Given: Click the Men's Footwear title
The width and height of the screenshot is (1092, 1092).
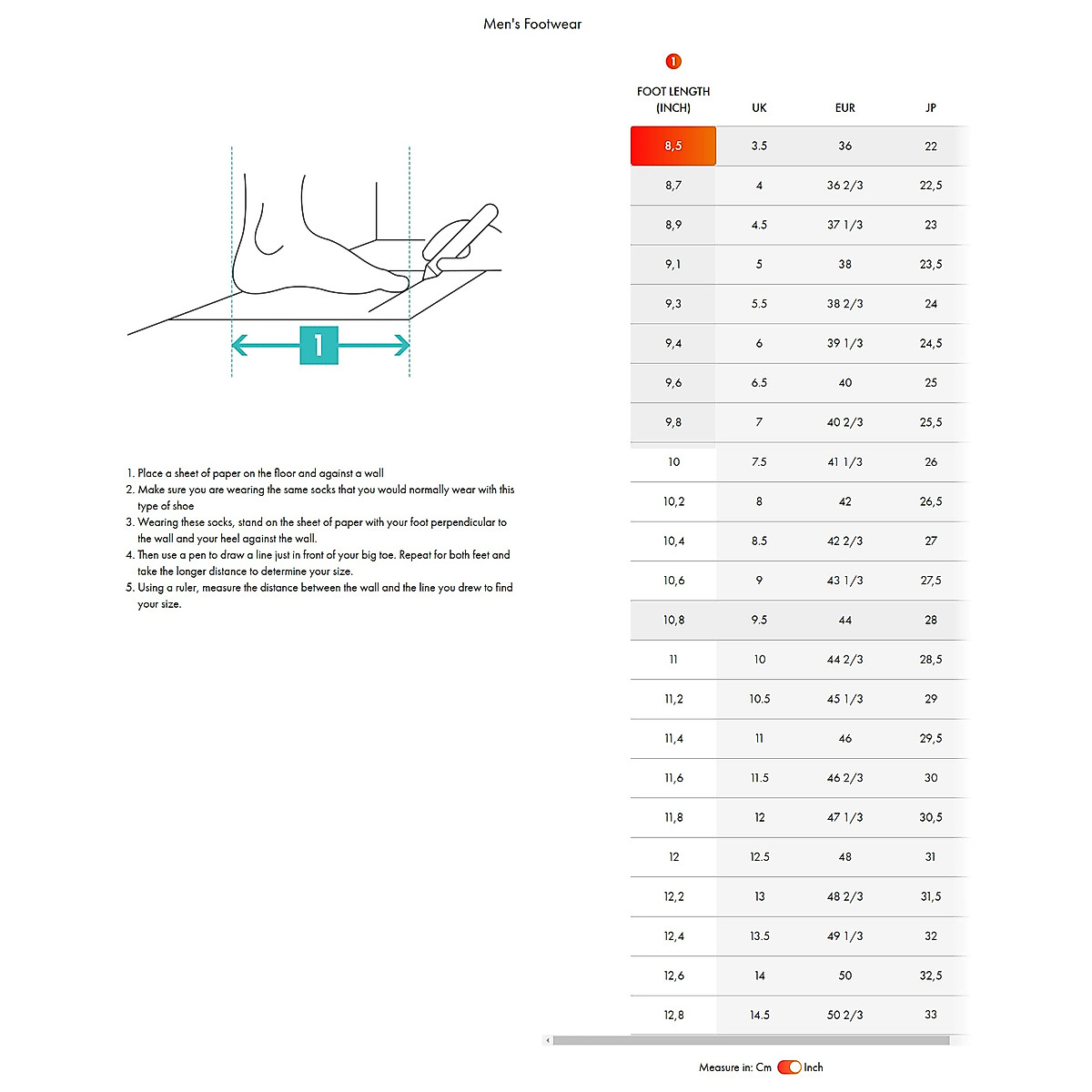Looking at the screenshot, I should (532, 25).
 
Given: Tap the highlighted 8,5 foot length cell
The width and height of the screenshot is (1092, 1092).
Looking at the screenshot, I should (673, 146).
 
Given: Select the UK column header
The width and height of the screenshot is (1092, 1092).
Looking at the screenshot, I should (759, 107).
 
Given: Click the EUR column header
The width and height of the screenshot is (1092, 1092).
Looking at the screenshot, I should (844, 107).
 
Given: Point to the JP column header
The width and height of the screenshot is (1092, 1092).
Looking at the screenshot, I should (930, 107).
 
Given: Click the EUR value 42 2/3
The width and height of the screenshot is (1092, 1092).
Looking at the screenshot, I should (844, 541).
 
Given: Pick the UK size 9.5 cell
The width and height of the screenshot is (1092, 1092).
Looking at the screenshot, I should (759, 620).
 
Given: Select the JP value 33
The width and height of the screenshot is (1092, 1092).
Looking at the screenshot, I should (930, 1015).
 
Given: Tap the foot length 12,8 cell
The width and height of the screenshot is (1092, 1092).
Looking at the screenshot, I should (673, 1015).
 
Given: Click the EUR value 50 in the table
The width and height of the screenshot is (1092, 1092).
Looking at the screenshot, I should (844, 976).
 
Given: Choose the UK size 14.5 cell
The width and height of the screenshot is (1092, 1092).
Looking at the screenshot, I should (759, 1015).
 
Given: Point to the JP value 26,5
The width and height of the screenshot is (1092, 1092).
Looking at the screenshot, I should (930, 501).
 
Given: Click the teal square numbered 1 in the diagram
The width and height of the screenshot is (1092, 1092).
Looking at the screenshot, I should (318, 345).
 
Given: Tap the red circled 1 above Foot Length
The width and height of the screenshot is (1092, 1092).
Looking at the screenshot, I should (673, 61).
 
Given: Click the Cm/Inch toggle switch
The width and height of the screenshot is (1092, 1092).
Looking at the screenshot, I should (789, 1067).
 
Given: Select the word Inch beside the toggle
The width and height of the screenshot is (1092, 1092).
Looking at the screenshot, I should (814, 1067).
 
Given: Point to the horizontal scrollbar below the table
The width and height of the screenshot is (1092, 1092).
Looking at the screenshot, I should (751, 1040).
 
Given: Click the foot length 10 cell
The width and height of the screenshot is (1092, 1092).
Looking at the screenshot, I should (673, 461).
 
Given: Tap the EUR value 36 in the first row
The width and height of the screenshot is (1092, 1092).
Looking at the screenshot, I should (844, 146).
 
